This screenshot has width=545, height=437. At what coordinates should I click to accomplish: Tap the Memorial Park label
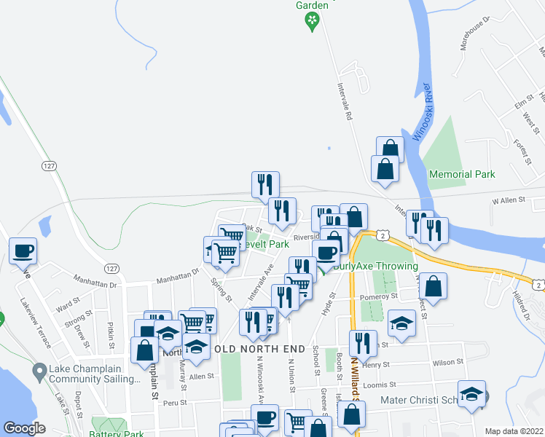(462, 174)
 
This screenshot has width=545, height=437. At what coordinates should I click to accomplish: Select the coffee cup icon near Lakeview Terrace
(23, 251)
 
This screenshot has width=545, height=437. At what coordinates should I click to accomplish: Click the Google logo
(24, 428)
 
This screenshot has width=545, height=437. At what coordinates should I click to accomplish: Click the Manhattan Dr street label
(178, 275)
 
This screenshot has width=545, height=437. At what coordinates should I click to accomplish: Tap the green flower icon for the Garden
(313, 21)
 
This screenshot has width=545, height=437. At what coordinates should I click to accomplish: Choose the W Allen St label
(509, 200)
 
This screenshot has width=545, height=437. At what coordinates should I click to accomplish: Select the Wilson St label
(447, 361)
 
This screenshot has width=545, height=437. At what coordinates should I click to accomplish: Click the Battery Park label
(118, 433)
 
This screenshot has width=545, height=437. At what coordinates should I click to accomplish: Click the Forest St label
(519, 152)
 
